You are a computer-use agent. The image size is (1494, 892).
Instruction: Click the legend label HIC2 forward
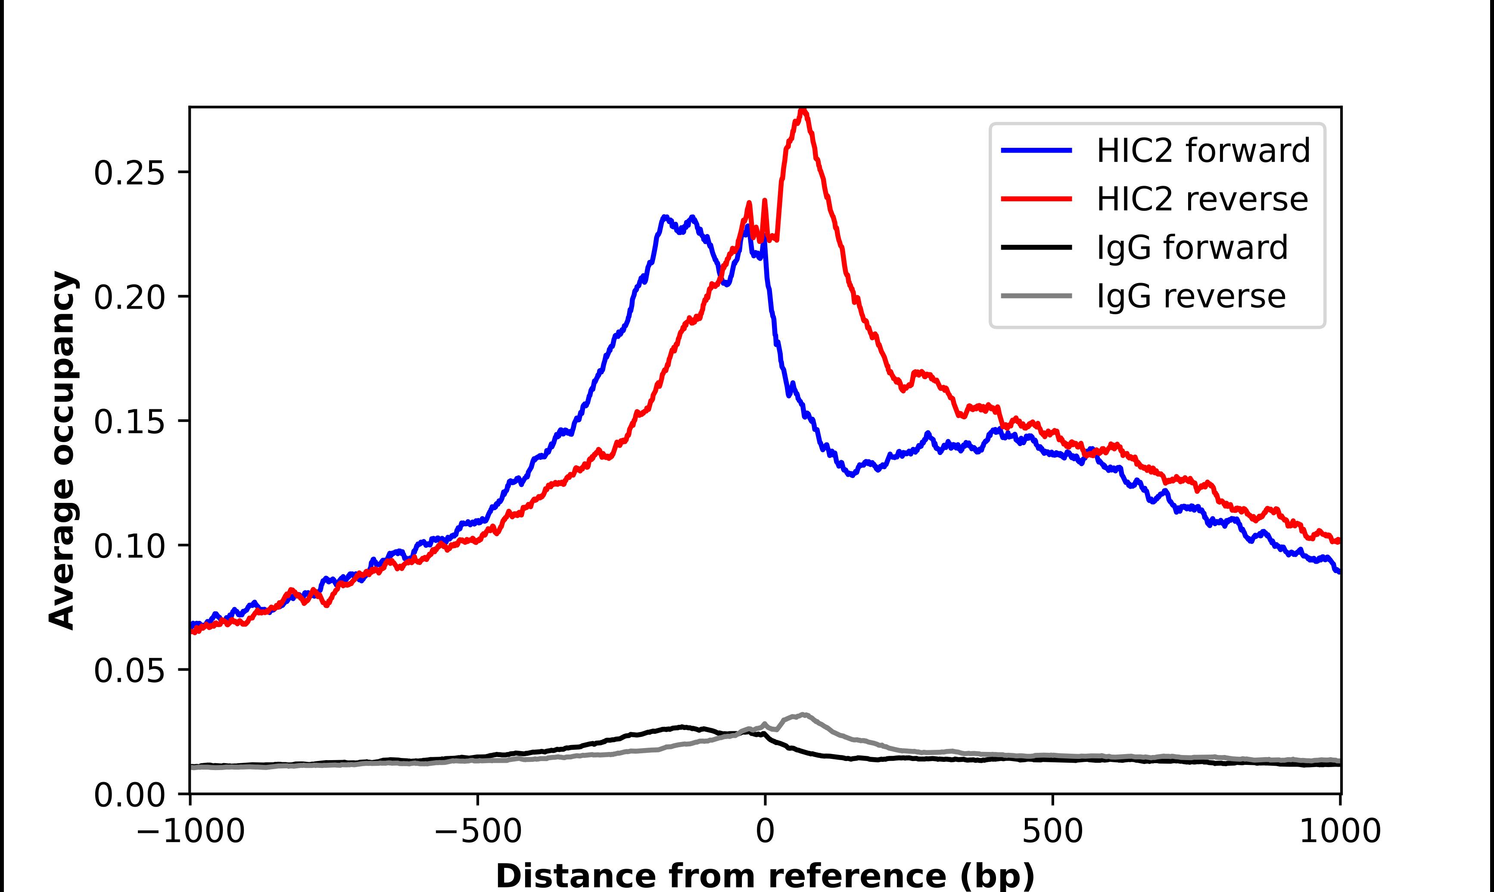1203,150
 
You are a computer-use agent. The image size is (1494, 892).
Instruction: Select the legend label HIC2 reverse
1202,199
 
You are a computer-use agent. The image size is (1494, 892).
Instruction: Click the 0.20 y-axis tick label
129,297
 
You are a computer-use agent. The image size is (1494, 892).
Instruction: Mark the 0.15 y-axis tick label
129,422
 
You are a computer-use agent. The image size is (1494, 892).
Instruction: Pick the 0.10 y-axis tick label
129,546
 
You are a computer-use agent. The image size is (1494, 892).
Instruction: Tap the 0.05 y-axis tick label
129,671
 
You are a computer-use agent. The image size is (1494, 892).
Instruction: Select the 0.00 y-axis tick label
129,795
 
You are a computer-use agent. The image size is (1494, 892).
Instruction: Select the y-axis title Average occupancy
62,451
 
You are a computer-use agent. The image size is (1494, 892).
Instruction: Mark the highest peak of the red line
803,111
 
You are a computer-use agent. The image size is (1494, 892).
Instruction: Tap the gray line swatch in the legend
1036,296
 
